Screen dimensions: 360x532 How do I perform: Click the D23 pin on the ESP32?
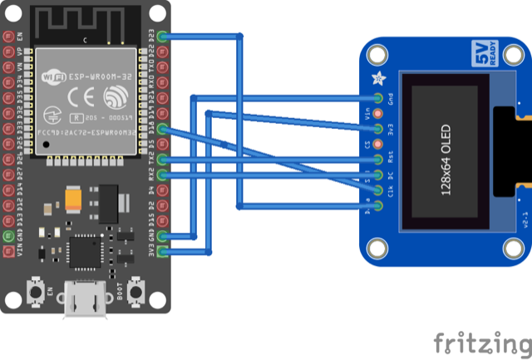tap(163, 37)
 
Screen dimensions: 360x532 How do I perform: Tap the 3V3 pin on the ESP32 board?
tap(163, 249)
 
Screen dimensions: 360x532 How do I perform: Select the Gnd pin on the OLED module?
tap(378, 99)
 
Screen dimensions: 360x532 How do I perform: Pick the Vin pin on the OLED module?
tap(378, 114)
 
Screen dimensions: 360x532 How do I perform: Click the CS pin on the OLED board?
tap(378, 145)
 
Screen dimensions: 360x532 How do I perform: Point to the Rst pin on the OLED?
tap(378, 160)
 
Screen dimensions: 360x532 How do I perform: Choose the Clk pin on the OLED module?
tap(378, 190)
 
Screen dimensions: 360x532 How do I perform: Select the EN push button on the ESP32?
tap(37, 292)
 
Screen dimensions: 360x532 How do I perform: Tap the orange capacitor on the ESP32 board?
tap(72, 200)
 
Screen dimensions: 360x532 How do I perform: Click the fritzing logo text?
tap(482, 343)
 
